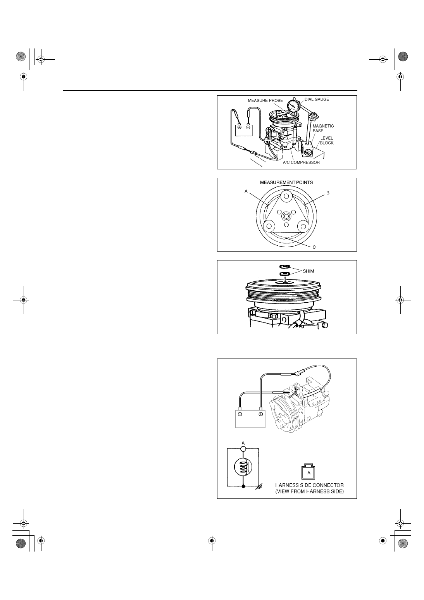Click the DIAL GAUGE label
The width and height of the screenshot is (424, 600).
(x=317, y=99)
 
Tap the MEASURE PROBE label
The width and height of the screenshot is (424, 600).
(x=265, y=100)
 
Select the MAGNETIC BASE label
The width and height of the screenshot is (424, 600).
(x=323, y=128)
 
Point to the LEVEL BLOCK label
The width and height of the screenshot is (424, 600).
(x=327, y=140)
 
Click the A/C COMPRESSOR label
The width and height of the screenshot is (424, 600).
(x=301, y=162)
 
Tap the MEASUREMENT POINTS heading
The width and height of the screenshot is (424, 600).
(x=286, y=183)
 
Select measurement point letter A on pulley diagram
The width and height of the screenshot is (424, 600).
(x=246, y=191)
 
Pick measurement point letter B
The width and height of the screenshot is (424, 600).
(x=327, y=193)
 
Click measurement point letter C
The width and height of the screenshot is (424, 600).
(x=314, y=247)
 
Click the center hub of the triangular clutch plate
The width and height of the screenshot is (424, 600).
(x=286, y=216)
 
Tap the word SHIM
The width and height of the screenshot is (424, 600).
(x=308, y=271)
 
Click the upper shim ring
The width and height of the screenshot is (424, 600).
(x=285, y=267)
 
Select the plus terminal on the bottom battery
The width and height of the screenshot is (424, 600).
(x=260, y=414)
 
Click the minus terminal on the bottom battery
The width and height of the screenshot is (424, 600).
(x=240, y=414)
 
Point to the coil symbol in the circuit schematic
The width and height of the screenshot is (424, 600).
(x=243, y=466)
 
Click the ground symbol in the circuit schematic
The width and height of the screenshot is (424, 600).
(x=259, y=486)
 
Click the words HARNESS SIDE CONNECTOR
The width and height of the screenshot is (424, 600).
(x=309, y=485)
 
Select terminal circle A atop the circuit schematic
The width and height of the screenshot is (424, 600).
(x=243, y=449)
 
